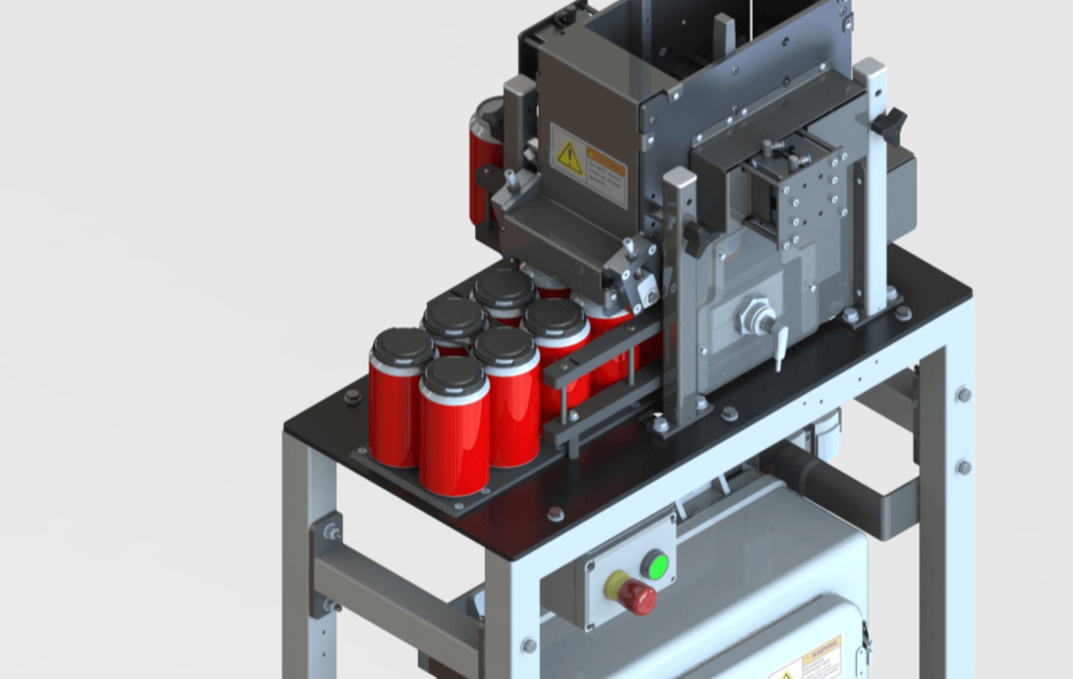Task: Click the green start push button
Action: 656,565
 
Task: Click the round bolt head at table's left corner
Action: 353,397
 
